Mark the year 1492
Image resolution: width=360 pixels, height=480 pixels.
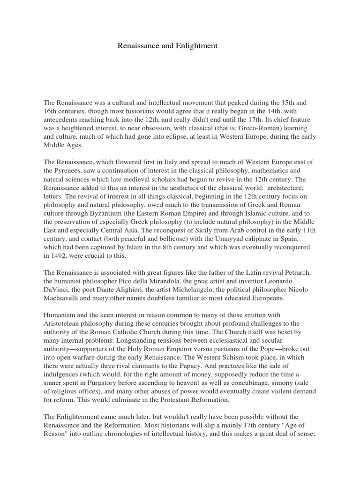click(60, 257)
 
